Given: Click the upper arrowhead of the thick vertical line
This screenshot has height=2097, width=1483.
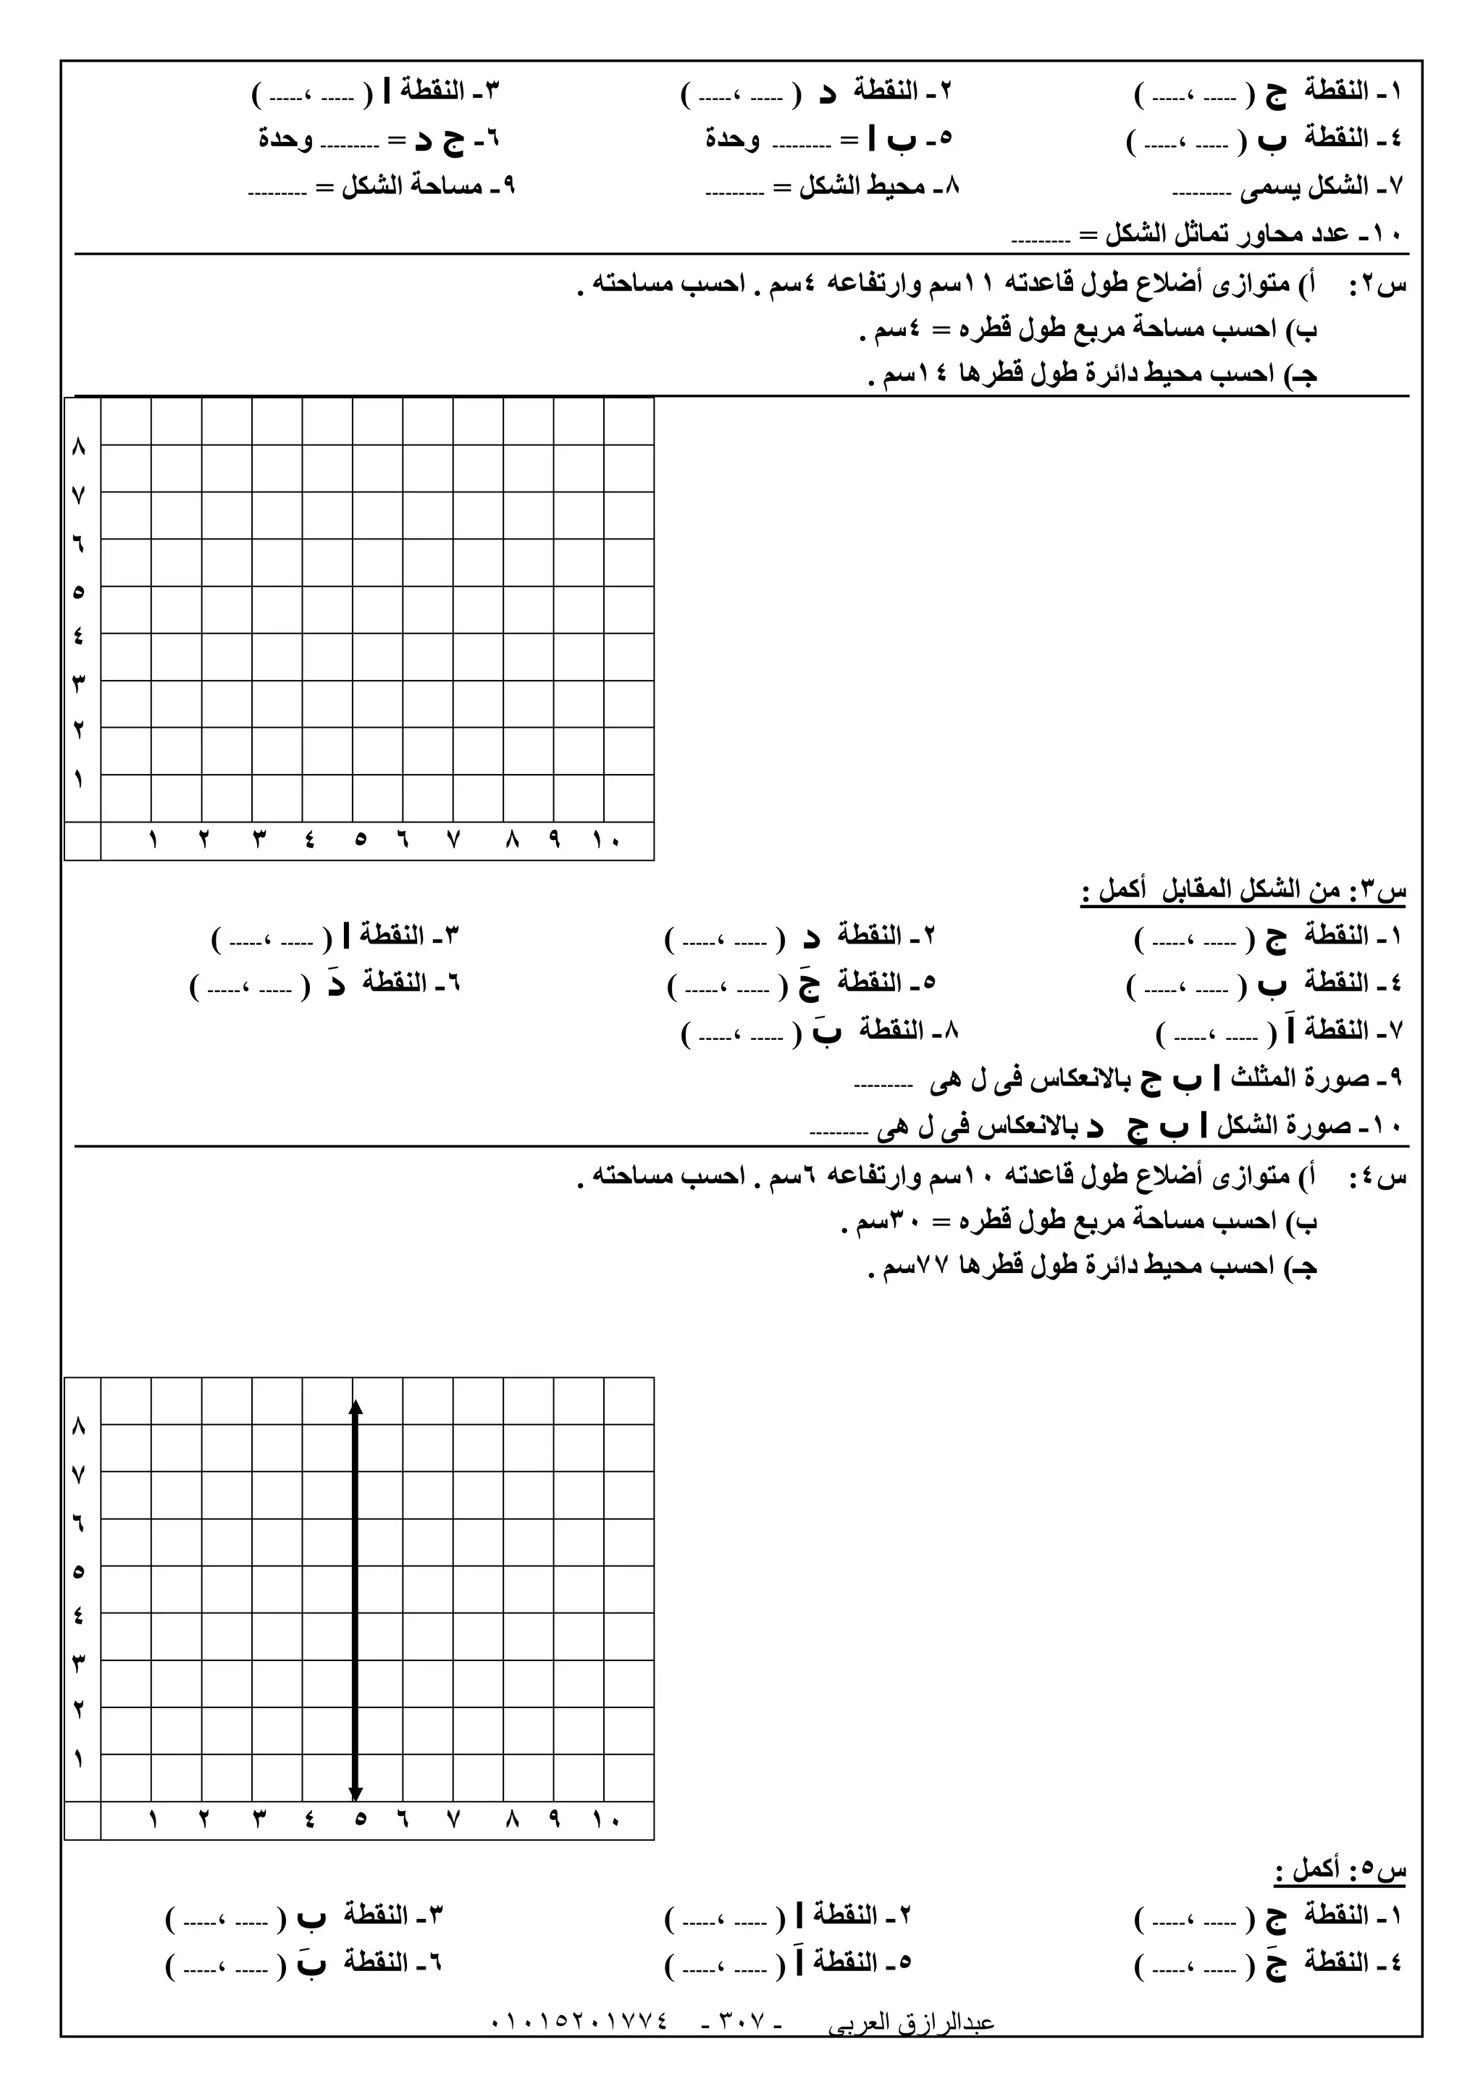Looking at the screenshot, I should click(356, 1408).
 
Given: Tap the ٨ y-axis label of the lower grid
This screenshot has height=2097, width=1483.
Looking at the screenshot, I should click(78, 1426).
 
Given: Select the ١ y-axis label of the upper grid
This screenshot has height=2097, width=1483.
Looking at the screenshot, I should click(78, 780).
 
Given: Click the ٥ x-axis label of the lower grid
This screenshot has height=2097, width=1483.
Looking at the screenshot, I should click(360, 1820).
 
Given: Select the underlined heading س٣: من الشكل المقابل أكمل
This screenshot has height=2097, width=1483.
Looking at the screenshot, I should click(1243, 890).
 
